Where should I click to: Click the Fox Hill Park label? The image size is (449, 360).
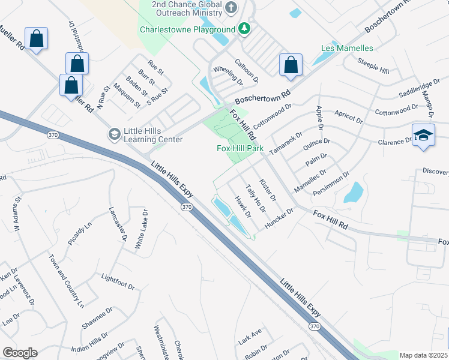[240, 148]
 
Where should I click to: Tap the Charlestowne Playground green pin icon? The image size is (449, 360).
[244, 29]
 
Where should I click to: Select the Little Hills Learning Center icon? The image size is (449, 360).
[113, 134]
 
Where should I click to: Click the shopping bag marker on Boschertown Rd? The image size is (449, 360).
[291, 65]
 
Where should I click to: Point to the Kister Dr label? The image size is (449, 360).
[267, 190]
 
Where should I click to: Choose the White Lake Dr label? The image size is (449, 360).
[141, 229]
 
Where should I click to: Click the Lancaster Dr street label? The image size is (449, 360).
[118, 224]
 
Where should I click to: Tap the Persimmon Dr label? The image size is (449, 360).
[330, 184]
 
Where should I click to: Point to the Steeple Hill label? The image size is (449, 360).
[373, 66]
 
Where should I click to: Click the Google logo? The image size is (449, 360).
[20, 353]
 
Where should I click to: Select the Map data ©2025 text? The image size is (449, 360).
[423, 355]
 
